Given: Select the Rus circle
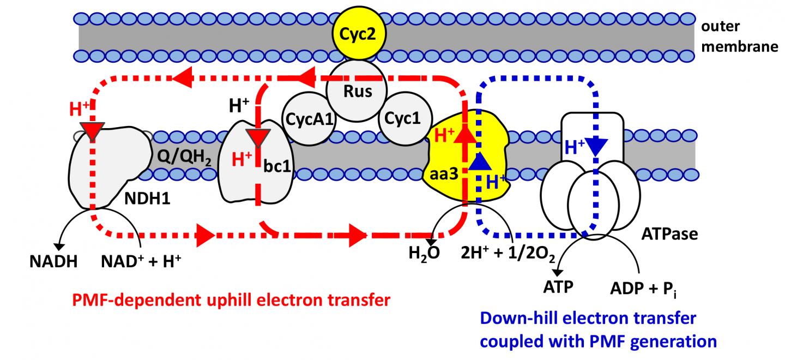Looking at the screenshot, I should tap(357, 90).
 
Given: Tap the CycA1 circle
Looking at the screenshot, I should tap(309, 118).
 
